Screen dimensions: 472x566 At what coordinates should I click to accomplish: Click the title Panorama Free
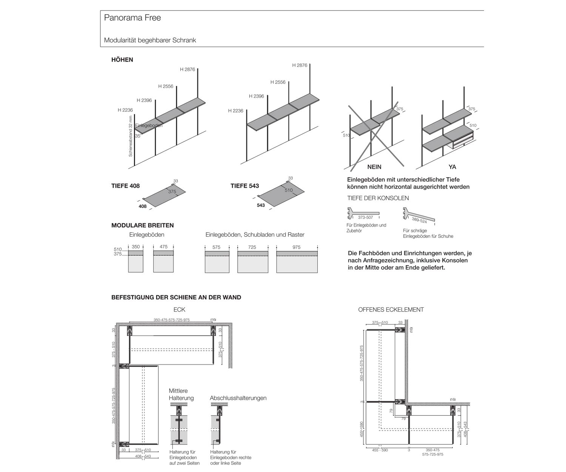tap(132, 18)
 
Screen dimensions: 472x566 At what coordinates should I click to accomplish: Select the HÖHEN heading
tap(122, 60)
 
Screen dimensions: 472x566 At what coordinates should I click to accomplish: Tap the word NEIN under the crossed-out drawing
tap(374, 167)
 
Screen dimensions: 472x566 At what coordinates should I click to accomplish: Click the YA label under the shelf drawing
tap(452, 167)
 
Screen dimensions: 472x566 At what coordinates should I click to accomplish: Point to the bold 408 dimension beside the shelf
tap(142, 207)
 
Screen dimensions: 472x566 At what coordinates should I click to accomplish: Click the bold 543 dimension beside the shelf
tap(261, 205)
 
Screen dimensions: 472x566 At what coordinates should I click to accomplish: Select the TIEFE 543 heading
tap(245, 186)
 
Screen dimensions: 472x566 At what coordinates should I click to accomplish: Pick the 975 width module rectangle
tap(297, 262)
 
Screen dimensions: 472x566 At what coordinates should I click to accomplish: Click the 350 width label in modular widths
tap(136, 247)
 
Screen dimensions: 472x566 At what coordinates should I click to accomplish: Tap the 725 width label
tap(252, 247)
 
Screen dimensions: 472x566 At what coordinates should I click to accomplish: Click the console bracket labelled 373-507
tap(362, 214)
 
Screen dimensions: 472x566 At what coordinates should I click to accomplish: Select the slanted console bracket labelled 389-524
tap(419, 216)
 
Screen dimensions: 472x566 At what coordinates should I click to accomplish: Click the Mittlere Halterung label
tap(181, 395)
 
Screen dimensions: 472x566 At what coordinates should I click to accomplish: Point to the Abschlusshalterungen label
tap(238, 398)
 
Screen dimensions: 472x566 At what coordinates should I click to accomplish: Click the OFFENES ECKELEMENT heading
tap(391, 310)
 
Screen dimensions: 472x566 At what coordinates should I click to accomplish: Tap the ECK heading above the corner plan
tap(179, 310)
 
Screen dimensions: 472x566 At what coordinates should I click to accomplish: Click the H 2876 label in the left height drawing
tap(187, 69)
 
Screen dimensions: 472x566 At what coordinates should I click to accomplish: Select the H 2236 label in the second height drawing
tap(235, 111)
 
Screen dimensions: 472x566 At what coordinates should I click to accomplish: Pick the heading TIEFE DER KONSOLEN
tap(378, 198)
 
